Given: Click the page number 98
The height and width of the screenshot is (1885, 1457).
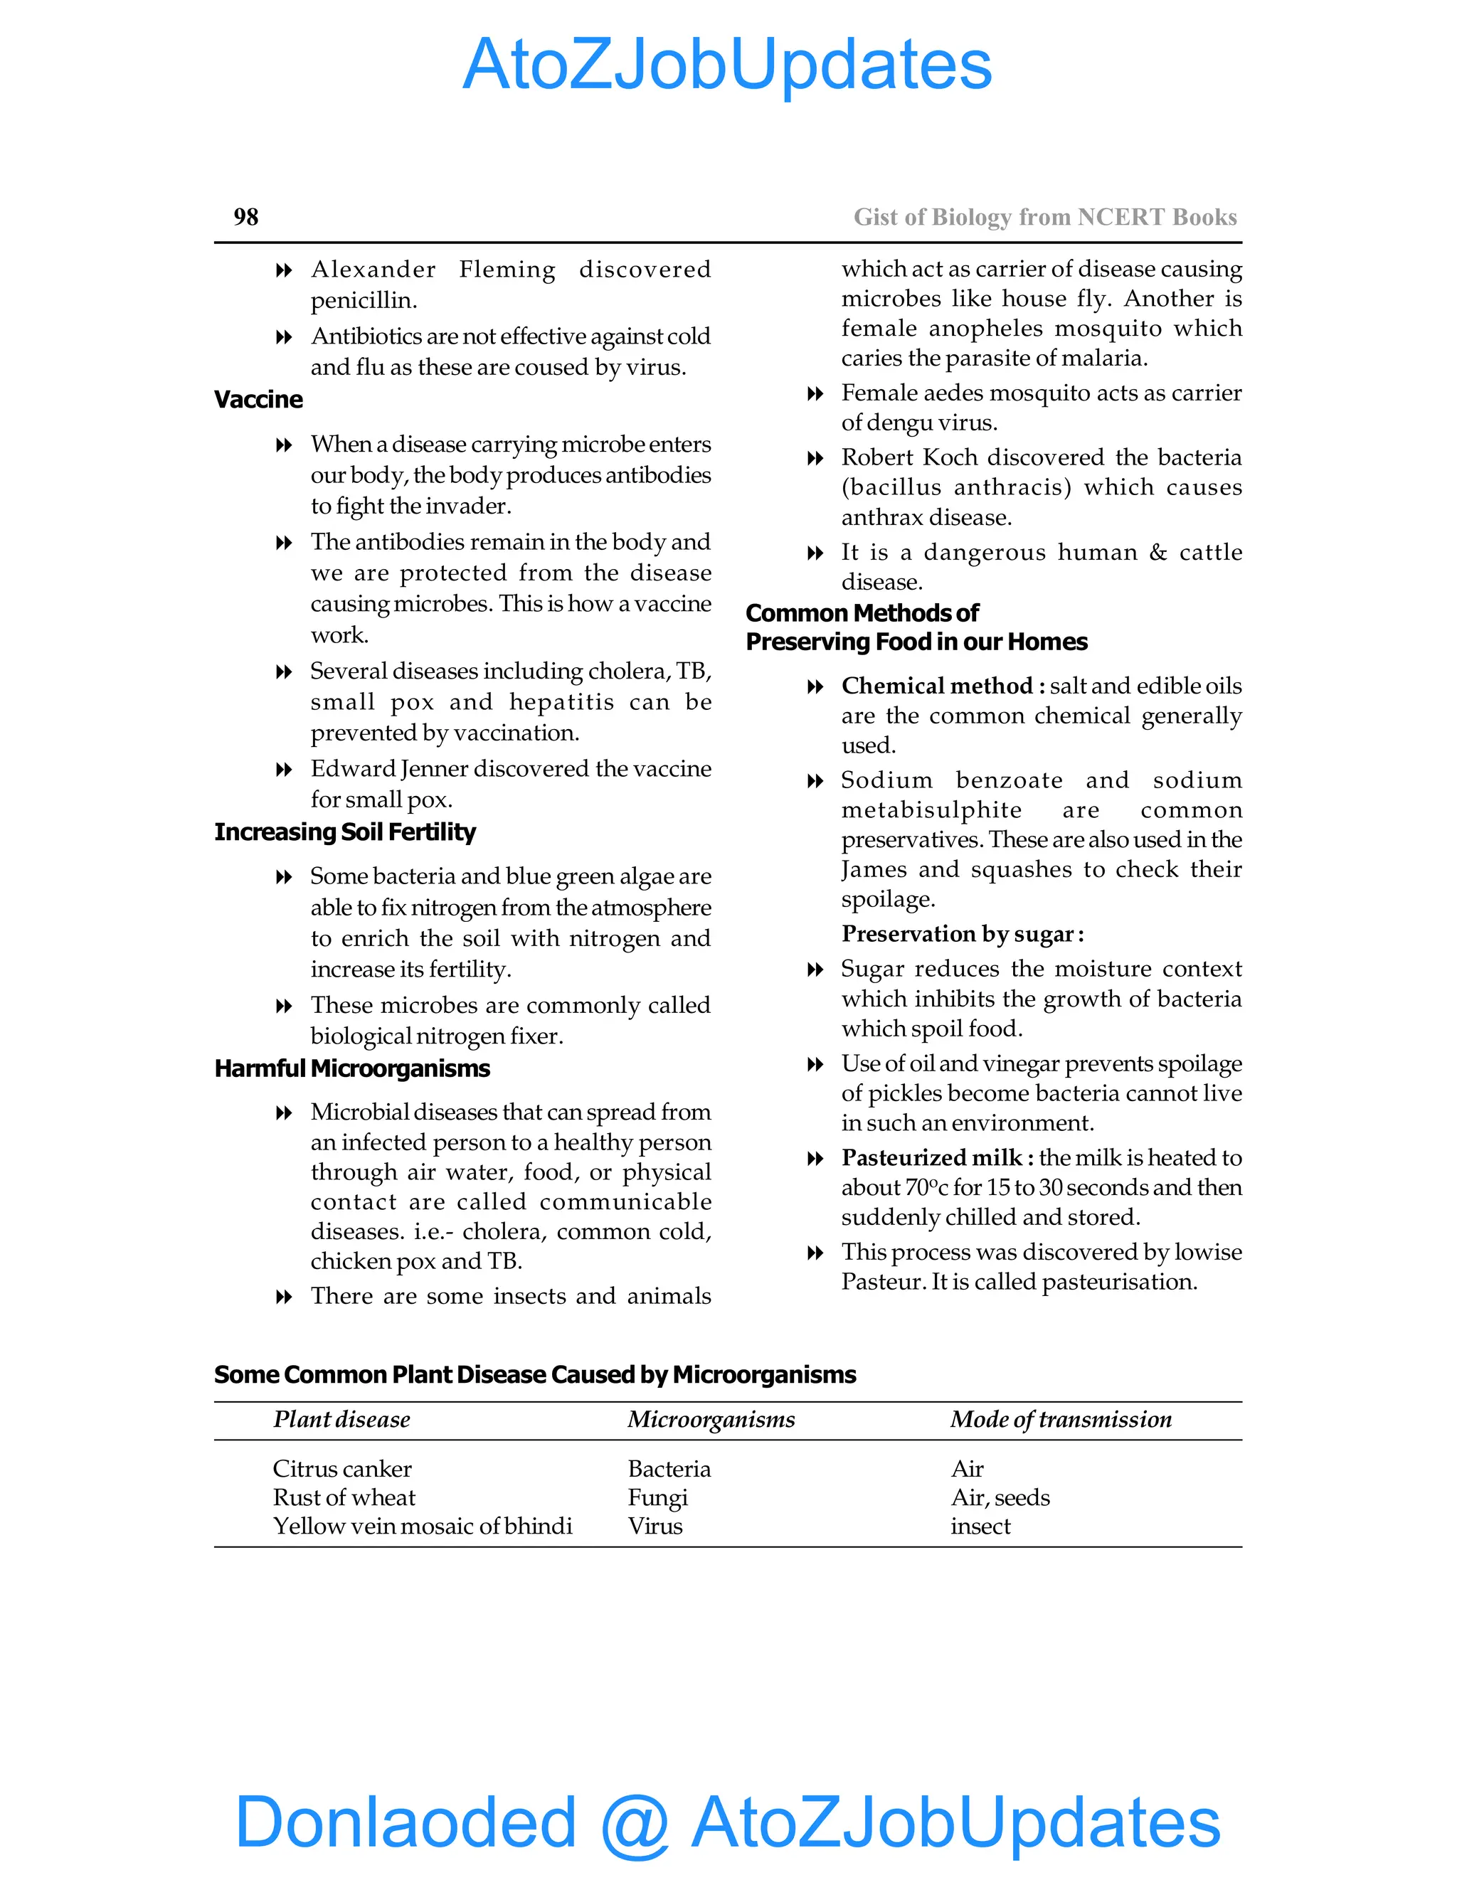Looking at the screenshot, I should [x=245, y=217].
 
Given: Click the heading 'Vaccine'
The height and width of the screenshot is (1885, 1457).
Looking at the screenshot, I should [x=258, y=400].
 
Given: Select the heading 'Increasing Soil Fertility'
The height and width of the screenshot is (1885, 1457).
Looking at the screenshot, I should [x=344, y=832].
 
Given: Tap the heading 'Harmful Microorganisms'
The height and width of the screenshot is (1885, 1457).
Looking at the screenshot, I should [x=351, y=1068].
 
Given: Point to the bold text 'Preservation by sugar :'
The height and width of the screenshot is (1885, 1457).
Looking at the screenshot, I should [x=963, y=934].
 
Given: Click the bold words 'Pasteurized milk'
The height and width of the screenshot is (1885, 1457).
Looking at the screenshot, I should [x=931, y=1157].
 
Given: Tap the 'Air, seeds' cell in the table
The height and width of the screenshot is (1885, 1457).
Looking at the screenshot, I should [x=1000, y=1497].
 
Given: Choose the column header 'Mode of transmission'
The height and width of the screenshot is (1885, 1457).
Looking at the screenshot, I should [x=1061, y=1420].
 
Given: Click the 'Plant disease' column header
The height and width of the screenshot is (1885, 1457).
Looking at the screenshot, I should [x=341, y=1420].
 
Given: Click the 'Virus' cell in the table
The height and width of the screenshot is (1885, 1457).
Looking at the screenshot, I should [x=655, y=1526].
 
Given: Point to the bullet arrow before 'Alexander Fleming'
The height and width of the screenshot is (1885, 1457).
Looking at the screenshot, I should [x=283, y=271].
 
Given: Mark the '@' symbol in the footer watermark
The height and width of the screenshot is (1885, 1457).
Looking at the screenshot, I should [x=635, y=1823].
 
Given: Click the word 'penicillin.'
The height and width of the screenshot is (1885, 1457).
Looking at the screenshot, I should [x=364, y=300].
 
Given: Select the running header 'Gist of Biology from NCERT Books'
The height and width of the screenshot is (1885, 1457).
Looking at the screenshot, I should [x=1044, y=217].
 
